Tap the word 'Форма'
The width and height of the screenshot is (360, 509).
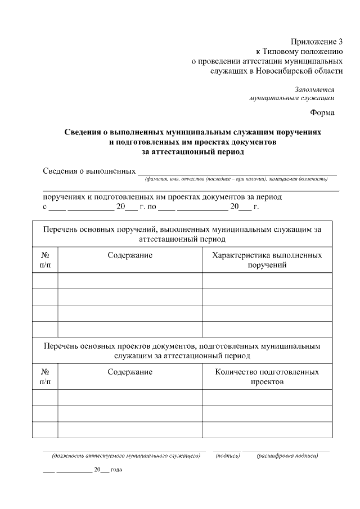point(322,112)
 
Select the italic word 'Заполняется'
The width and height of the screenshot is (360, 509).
point(314,89)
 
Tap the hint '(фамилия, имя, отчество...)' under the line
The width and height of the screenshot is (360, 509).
point(236,179)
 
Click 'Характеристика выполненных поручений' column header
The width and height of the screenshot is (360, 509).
point(267,260)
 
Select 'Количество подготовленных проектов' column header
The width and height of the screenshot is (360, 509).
point(267,377)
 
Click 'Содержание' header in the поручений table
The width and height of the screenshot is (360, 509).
point(130,255)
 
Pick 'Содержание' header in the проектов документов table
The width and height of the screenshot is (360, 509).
point(130,372)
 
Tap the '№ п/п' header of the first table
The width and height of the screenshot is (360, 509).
point(45,260)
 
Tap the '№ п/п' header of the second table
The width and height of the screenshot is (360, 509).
point(45,377)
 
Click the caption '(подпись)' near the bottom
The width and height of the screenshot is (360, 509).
point(228,456)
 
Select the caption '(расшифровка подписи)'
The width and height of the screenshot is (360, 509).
point(287,456)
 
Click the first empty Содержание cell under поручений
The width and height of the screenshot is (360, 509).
point(130,280)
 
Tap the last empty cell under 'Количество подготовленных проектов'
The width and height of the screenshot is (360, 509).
point(267,429)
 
